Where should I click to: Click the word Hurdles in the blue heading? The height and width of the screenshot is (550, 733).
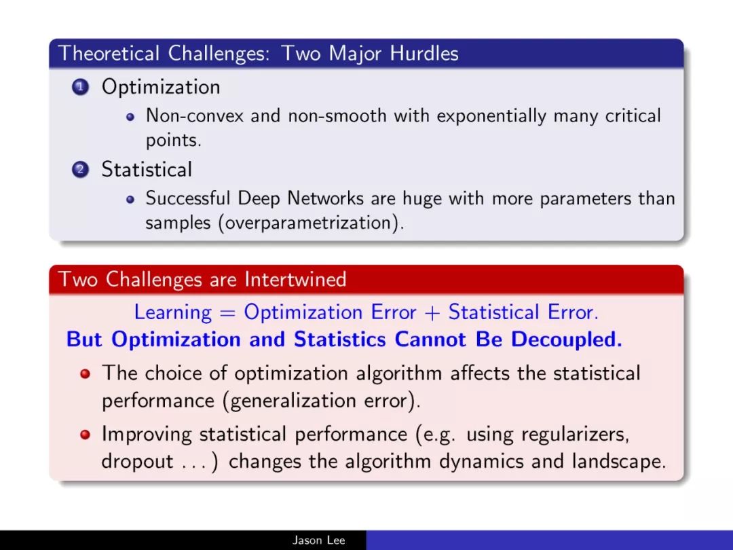424,53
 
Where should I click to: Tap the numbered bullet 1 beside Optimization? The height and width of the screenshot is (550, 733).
80,87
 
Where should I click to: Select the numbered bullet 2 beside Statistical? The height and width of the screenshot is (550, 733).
80,170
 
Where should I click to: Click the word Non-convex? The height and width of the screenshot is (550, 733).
195,115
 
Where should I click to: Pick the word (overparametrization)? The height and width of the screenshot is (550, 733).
311,223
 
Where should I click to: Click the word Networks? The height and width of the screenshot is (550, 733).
325,198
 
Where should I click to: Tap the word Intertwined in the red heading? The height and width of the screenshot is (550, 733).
295,279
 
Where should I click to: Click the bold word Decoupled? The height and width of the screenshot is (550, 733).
567,340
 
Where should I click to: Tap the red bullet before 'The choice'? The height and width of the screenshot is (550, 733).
85,373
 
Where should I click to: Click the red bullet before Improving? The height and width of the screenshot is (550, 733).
85,435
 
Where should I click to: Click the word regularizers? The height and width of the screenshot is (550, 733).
576,435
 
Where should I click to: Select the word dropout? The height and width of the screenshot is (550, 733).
137,462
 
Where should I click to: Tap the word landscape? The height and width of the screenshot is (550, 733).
619,462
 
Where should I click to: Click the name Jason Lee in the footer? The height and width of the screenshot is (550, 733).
319,540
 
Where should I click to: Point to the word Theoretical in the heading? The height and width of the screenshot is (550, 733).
109,53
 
